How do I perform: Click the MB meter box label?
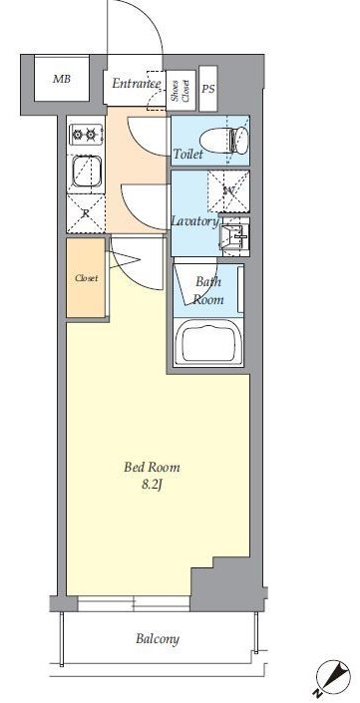coord(62,80)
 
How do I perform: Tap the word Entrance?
coord(137,84)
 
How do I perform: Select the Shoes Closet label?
coord(181,90)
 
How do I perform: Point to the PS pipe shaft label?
coord(208,89)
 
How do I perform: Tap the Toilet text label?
coord(188,155)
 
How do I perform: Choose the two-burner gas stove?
coord(86,134)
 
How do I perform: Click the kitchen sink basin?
coord(86,172)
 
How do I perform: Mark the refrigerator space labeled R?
coord(86,213)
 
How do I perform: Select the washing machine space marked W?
coord(229,191)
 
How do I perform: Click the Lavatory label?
coord(195,221)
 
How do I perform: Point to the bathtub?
coord(208,341)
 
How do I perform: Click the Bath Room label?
coord(208,290)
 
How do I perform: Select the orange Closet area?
coord(86,277)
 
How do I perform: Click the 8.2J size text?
coord(152,485)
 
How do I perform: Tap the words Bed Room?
coord(152,468)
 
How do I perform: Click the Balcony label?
coord(158,639)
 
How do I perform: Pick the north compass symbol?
coord(333,678)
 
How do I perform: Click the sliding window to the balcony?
coord(134,603)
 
